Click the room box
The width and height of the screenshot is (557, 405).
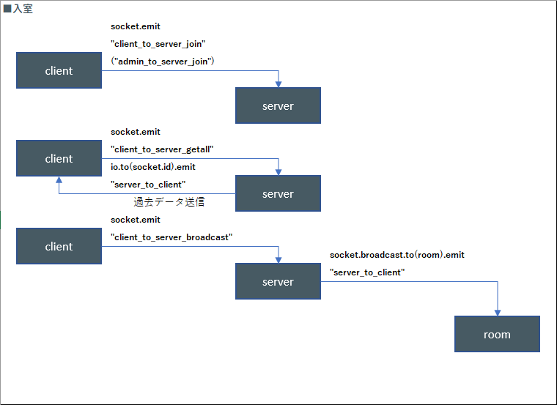[x=497, y=334]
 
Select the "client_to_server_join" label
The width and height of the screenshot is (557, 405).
[x=158, y=44]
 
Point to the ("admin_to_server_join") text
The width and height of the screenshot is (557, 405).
[x=163, y=62]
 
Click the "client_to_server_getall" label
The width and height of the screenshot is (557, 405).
[x=162, y=149]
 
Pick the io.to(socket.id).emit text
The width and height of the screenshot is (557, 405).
[x=153, y=167]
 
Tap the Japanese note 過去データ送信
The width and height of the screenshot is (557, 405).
[x=169, y=202]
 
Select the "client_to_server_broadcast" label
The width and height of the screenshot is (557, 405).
[x=171, y=237]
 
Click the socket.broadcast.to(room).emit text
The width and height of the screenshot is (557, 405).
[x=397, y=255]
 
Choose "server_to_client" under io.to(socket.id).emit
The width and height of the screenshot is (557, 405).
[x=148, y=185]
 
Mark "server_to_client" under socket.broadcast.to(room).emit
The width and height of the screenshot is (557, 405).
[x=367, y=272]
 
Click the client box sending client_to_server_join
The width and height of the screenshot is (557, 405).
[x=59, y=70]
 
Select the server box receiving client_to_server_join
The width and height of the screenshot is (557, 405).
[x=278, y=105]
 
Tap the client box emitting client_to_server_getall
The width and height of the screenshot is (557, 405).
[x=59, y=158]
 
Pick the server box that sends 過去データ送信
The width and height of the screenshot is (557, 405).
[x=278, y=193]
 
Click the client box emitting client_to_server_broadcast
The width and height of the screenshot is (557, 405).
[x=59, y=246]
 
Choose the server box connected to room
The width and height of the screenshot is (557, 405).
[x=278, y=281]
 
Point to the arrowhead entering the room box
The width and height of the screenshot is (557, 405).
[x=498, y=313]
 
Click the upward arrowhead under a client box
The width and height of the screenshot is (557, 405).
[x=59, y=179]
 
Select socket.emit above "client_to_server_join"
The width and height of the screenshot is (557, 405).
[x=136, y=26]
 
